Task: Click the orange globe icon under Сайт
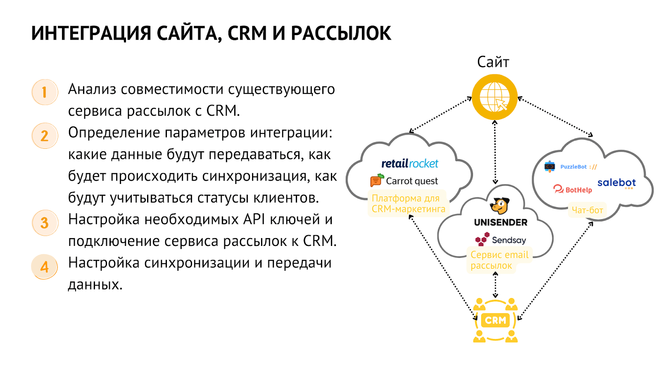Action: [495, 98]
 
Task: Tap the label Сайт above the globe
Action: [493, 62]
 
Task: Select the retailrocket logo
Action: [409, 164]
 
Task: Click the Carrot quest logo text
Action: [411, 181]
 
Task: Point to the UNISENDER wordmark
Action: [501, 222]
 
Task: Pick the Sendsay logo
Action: [501, 240]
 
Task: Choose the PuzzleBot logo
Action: [571, 167]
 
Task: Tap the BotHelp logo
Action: [573, 190]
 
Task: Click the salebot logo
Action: [616, 183]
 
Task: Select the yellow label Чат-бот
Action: [587, 210]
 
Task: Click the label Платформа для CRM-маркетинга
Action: [408, 204]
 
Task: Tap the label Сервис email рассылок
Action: [499, 260]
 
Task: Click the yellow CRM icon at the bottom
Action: [495, 320]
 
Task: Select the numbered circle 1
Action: [45, 92]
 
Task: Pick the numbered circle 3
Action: [45, 223]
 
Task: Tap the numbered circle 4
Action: [45, 267]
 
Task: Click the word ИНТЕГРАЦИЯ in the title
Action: [91, 33]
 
